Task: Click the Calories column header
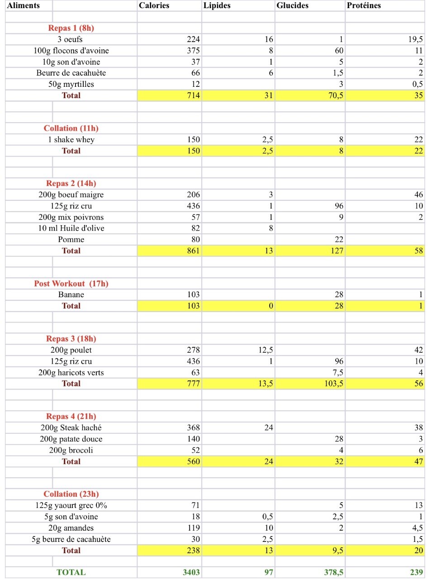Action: click(x=154, y=5)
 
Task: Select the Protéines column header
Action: click(x=364, y=5)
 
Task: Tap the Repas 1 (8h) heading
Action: click(x=71, y=28)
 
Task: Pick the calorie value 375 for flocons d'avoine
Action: click(x=193, y=51)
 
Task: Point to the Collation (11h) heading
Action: click(x=71, y=128)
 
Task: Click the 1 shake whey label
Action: click(x=71, y=140)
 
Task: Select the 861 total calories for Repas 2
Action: click(x=193, y=251)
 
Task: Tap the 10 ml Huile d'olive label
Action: click(x=71, y=228)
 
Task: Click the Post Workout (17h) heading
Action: click(x=71, y=284)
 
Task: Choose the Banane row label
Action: click(x=71, y=295)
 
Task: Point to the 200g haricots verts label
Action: click(x=71, y=373)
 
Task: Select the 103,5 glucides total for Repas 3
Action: click(x=333, y=384)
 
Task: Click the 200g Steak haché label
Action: click(x=71, y=428)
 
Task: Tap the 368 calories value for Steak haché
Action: click(x=193, y=428)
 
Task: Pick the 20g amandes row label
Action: click(x=71, y=528)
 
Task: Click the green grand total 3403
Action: click(x=191, y=573)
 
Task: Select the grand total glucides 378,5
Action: click(x=333, y=573)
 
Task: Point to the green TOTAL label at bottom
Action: click(x=71, y=573)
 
